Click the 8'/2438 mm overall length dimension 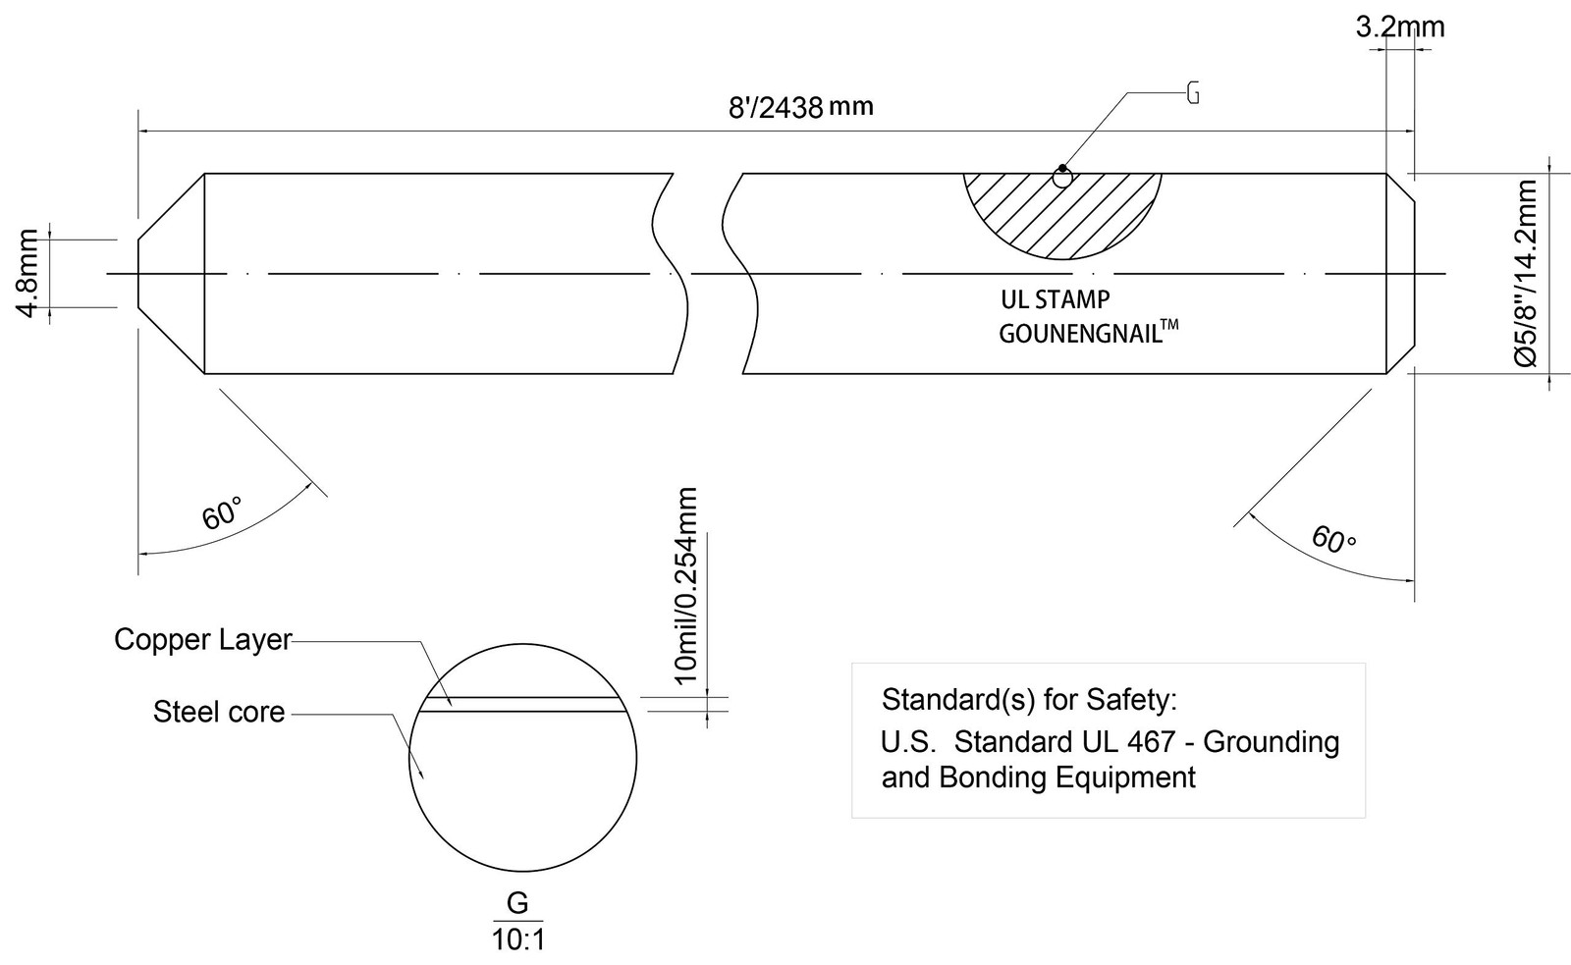[x=801, y=107]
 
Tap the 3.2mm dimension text [x=1400, y=27]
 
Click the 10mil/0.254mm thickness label [x=686, y=585]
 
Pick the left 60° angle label [x=222, y=512]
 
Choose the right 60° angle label [x=1333, y=540]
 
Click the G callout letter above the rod [x=1192, y=93]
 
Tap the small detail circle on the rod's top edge [x=1063, y=179]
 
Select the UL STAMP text [x=1055, y=300]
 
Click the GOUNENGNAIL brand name [x=1080, y=334]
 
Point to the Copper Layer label [x=202, y=640]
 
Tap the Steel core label [x=219, y=713]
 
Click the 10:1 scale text [x=518, y=940]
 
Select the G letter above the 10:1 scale [x=517, y=903]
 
